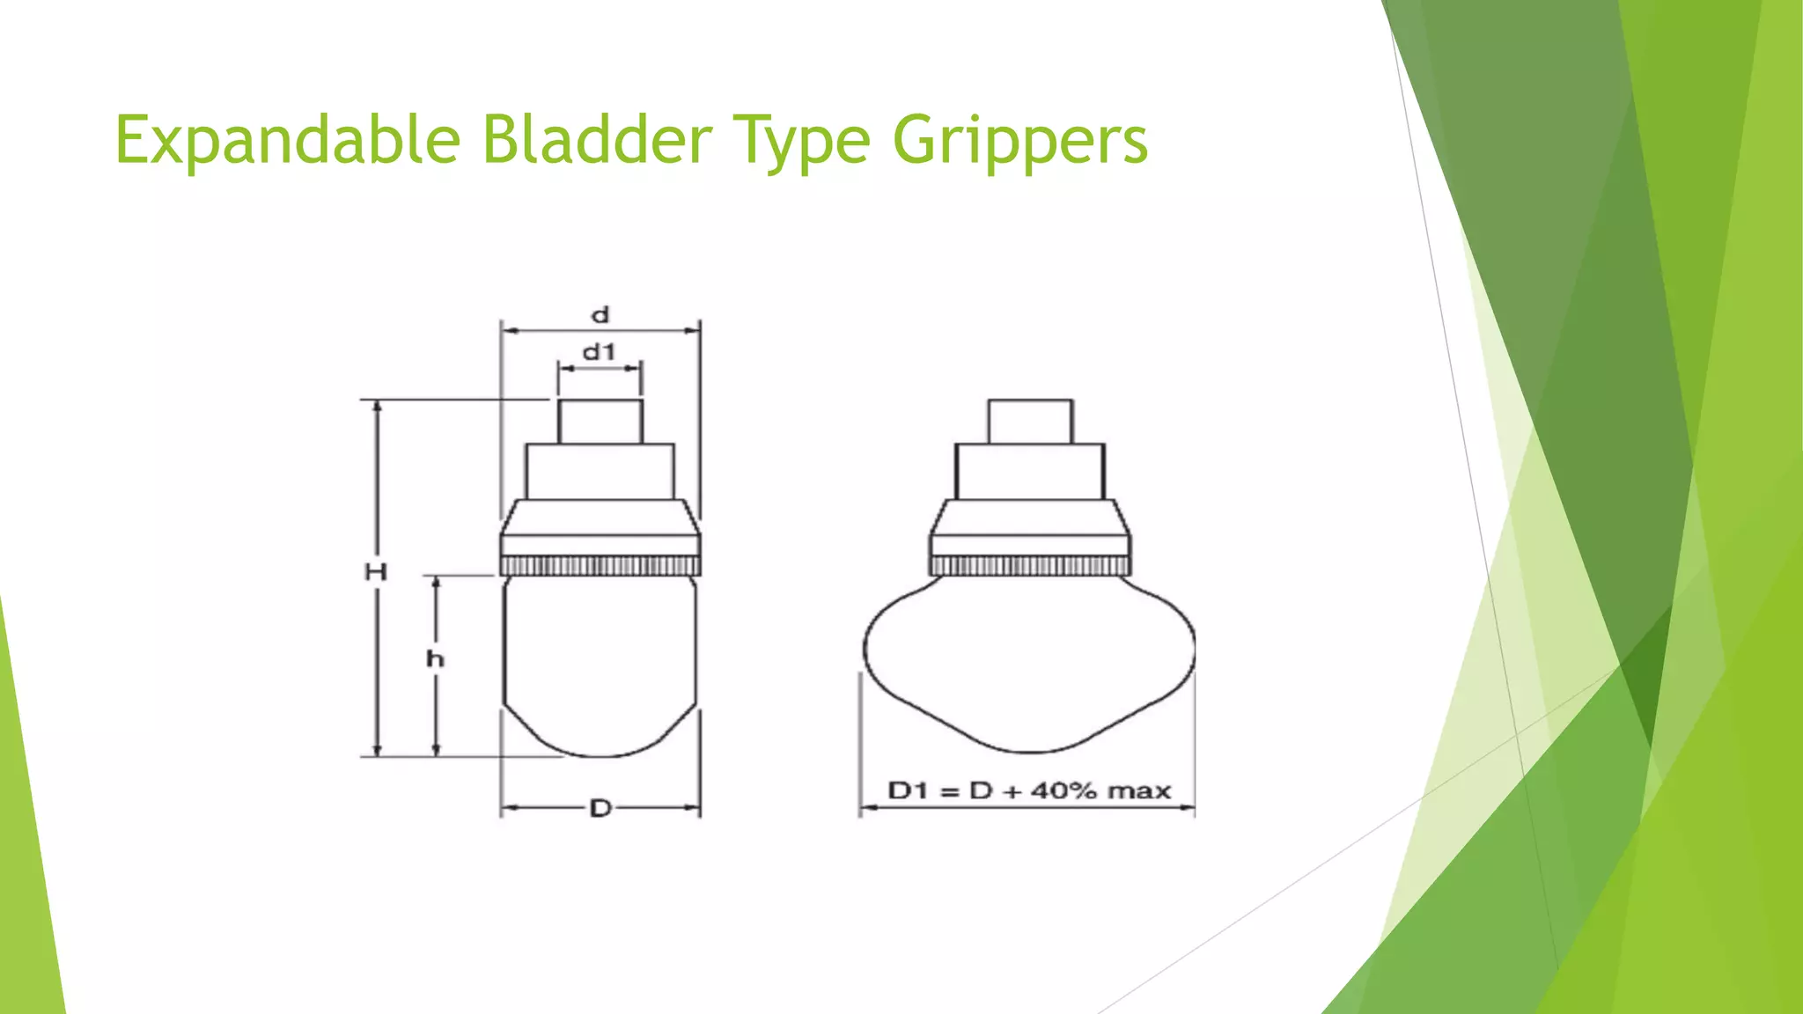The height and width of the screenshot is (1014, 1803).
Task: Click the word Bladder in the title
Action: pyautogui.click(x=597, y=139)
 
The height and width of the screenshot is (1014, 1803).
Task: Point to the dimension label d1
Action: pyautogui.click(x=599, y=352)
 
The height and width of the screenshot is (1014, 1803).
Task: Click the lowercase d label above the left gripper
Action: pyautogui.click(x=600, y=315)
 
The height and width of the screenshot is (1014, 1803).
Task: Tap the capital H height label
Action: pyautogui.click(x=376, y=572)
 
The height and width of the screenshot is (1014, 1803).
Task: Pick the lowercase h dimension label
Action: pyautogui.click(x=435, y=658)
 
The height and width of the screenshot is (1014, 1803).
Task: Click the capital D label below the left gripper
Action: pyautogui.click(x=600, y=808)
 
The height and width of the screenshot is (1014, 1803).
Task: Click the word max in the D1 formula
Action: pyautogui.click(x=1139, y=790)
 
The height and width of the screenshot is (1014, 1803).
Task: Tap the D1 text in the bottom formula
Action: pyautogui.click(x=909, y=790)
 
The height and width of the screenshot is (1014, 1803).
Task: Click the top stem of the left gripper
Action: pyautogui.click(x=600, y=422)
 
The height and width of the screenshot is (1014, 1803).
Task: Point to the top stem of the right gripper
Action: pyautogui.click(x=1030, y=422)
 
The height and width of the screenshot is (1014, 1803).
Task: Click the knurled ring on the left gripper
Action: pyautogui.click(x=600, y=565)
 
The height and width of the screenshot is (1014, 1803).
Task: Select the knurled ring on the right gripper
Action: pyautogui.click(x=1030, y=565)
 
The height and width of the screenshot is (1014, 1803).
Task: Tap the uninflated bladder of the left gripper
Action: pyautogui.click(x=600, y=660)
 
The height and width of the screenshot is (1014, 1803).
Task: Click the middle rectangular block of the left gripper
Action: pyautogui.click(x=600, y=472)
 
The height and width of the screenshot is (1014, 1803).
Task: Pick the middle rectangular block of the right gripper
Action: pyautogui.click(x=1030, y=472)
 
